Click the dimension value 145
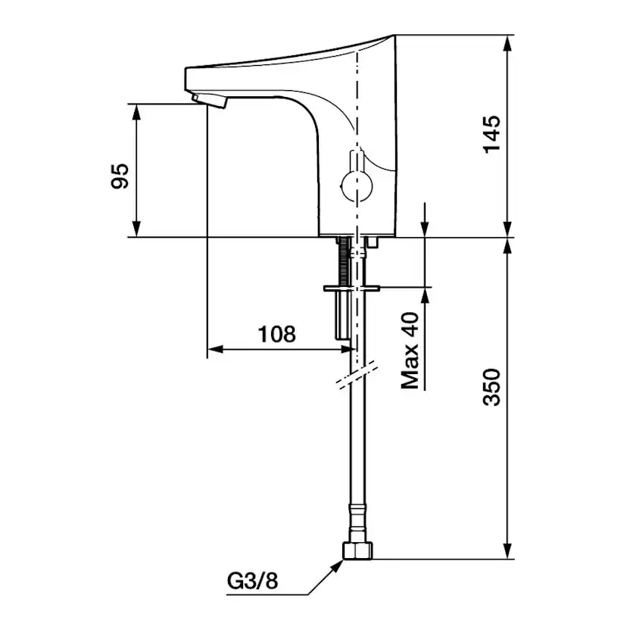493,135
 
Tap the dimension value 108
276,334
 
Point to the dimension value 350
493,387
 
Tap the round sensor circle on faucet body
353,184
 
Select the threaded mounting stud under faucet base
346,261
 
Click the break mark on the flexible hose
354,377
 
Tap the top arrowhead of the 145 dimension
507,41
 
